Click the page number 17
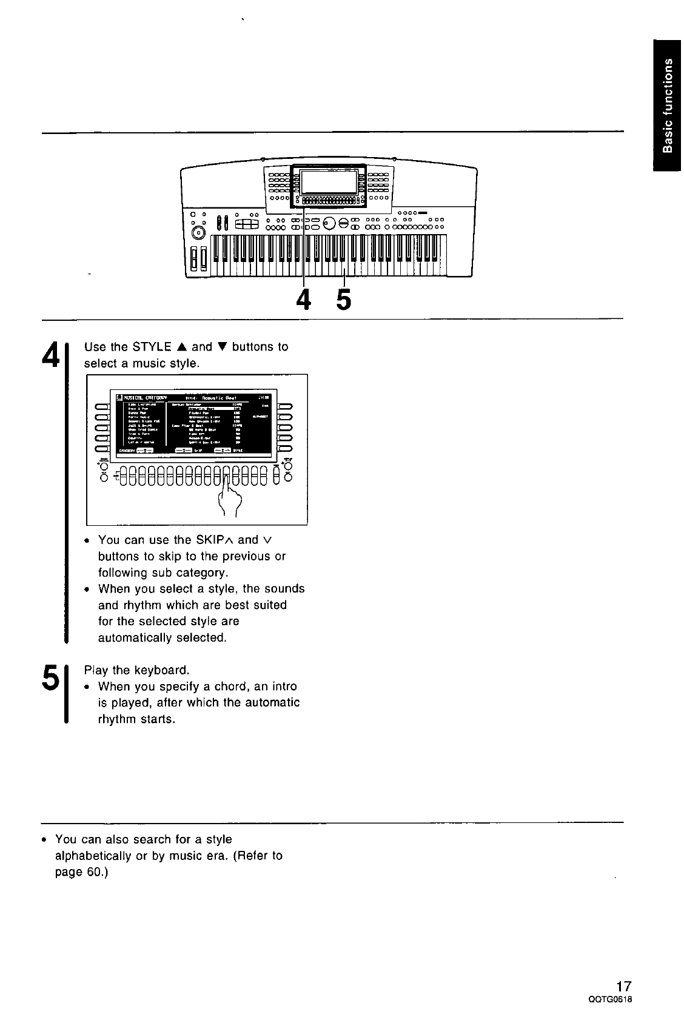click(x=616, y=985)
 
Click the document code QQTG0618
click(x=606, y=999)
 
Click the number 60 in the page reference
click(x=93, y=872)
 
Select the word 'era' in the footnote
click(x=217, y=856)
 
